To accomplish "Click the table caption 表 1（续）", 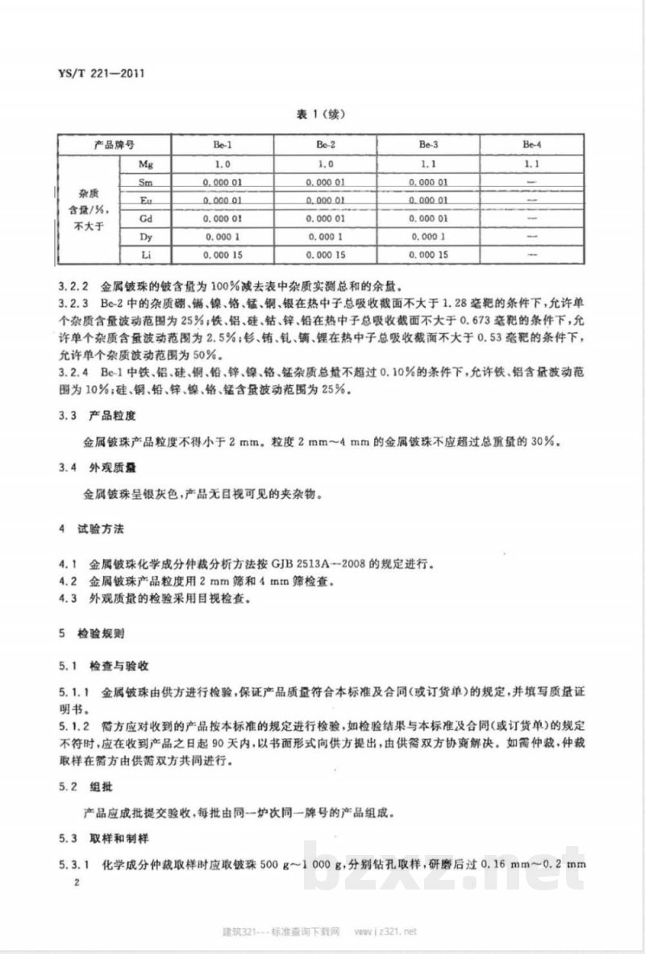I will point(322,114).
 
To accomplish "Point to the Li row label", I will point(147,255).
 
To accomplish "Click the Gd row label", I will point(147,218).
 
